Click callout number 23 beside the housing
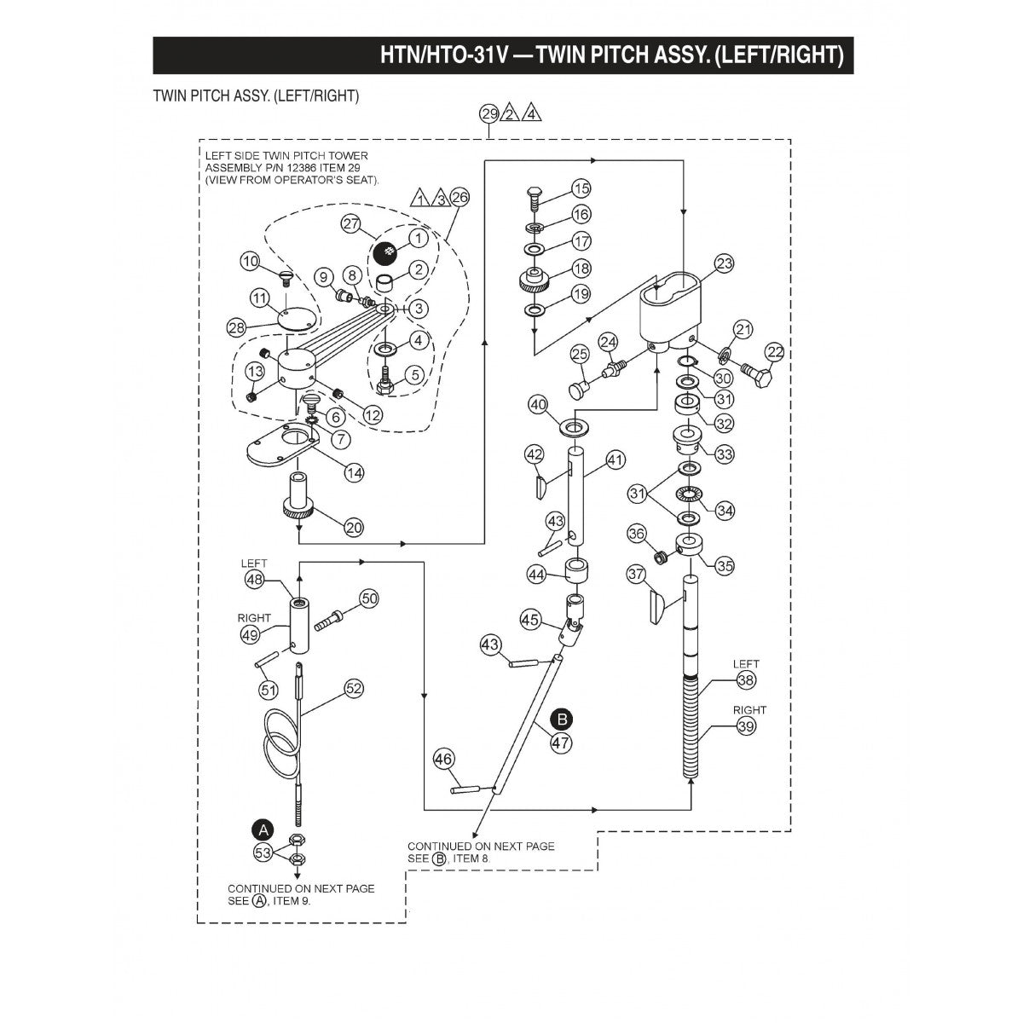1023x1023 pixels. [x=724, y=264]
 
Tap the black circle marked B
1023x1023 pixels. [x=560, y=719]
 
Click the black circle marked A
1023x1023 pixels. [x=263, y=829]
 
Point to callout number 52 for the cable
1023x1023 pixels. [x=355, y=688]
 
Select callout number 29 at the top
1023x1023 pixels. [x=488, y=113]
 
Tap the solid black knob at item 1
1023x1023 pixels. [x=387, y=251]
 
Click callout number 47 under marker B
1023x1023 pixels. [x=560, y=742]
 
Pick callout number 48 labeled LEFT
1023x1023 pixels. [x=254, y=580]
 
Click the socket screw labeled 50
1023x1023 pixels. [x=329, y=617]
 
